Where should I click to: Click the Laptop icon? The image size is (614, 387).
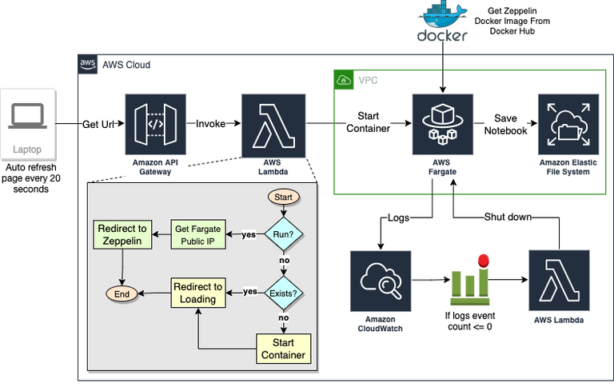[x=28, y=117]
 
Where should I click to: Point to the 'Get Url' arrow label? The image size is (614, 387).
[x=100, y=125]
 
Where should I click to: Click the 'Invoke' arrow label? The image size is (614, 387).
[x=211, y=124]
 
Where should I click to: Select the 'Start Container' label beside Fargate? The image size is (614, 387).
[x=369, y=122]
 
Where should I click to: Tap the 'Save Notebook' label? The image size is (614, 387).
[x=505, y=124]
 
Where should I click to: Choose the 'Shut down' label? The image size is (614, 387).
[x=508, y=217]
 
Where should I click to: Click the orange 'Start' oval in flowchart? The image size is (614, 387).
[x=285, y=197]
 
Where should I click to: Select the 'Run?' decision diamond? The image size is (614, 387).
[x=285, y=234]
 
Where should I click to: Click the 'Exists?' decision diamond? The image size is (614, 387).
[x=285, y=292]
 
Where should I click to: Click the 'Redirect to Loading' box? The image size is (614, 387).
[x=197, y=293]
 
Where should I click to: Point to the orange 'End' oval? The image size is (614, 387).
[x=122, y=293]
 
